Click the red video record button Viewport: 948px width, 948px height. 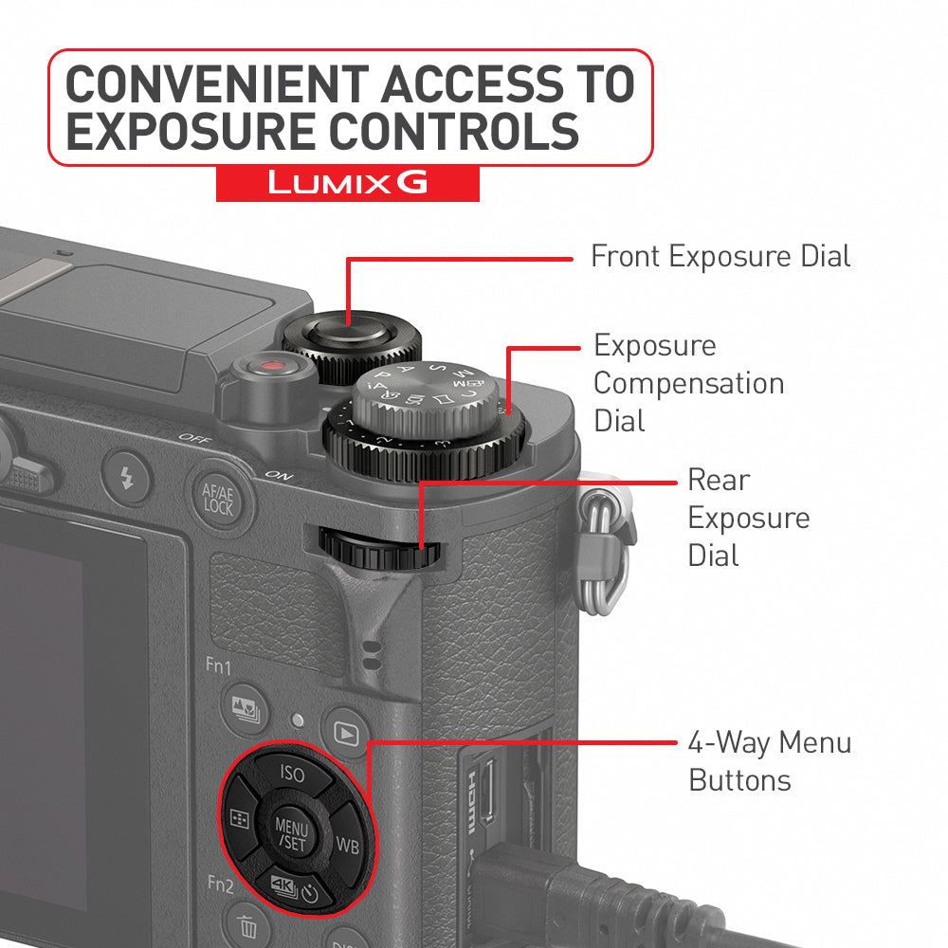[273, 367]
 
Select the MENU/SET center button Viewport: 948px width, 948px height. [291, 830]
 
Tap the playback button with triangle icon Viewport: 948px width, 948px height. [347, 733]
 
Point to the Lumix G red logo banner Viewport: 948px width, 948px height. [347, 183]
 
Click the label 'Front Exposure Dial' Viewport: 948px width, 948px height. [720, 256]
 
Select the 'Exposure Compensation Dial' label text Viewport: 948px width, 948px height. [688, 383]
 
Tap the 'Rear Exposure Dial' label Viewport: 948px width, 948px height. [748, 518]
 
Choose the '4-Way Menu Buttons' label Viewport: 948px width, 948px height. [769, 761]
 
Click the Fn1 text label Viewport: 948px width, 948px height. [218, 667]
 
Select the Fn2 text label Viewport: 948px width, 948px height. [221, 884]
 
